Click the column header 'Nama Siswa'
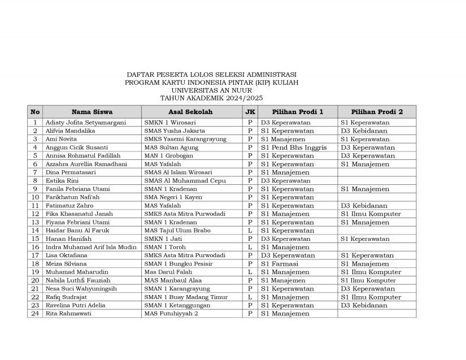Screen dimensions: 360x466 point(92,112)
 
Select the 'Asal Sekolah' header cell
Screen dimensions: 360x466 point(191,112)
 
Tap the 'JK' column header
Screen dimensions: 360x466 point(250,112)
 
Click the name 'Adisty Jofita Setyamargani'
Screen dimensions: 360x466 point(86,123)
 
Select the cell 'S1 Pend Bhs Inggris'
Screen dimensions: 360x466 point(294,148)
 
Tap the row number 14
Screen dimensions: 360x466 point(35,231)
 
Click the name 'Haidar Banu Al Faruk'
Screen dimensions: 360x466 point(78,231)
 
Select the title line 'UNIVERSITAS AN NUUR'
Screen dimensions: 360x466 point(211,90)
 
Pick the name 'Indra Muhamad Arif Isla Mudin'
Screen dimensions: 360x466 point(91,247)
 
